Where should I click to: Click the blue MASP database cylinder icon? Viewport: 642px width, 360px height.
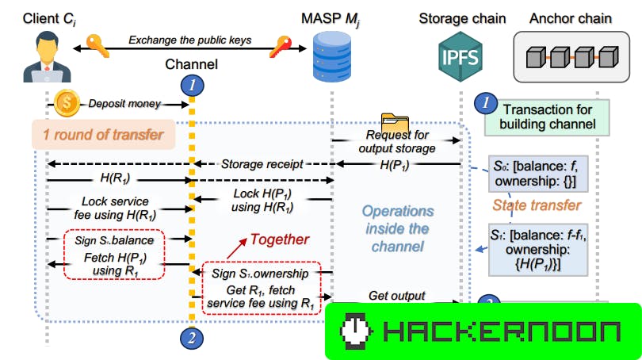[330, 55]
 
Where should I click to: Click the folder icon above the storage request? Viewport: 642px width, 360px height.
[395, 124]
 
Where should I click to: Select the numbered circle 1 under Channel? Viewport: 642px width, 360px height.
[190, 83]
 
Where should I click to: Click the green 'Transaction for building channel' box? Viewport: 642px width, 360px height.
[546, 117]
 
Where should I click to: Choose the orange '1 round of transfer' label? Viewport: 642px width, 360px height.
[103, 134]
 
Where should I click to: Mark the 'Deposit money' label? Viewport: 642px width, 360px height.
[124, 103]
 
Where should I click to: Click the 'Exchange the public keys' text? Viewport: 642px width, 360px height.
[190, 39]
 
